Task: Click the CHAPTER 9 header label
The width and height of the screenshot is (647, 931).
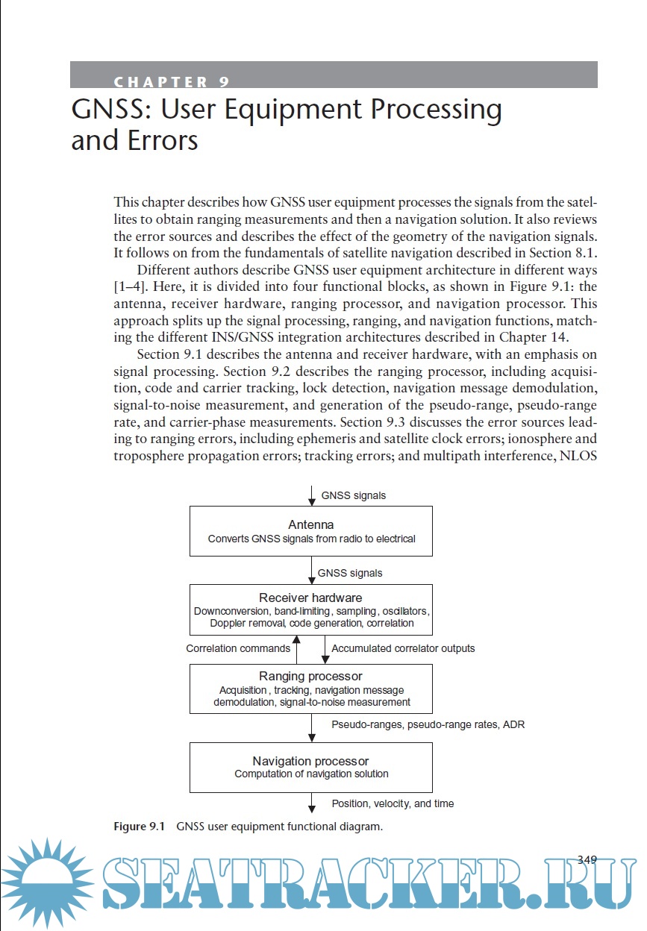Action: pyautogui.click(x=172, y=82)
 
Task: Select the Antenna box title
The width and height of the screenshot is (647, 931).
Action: pyautogui.click(x=310, y=524)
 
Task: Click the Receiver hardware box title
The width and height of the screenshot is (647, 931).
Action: pyautogui.click(x=310, y=598)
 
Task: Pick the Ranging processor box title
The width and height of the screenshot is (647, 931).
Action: pyautogui.click(x=310, y=676)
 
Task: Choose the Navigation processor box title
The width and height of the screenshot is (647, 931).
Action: pyautogui.click(x=310, y=761)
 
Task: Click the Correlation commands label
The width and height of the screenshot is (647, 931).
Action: pyautogui.click(x=238, y=648)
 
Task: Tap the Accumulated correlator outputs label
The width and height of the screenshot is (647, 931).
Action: pyautogui.click(x=403, y=648)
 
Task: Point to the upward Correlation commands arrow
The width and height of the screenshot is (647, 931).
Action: pyautogui.click(x=297, y=649)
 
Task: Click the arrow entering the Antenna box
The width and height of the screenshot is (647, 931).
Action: pyautogui.click(x=311, y=495)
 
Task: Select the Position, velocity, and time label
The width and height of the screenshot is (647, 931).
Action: pyautogui.click(x=393, y=803)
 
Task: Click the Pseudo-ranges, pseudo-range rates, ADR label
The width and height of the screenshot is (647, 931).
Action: pyautogui.click(x=428, y=724)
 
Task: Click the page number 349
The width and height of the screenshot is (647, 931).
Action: pyautogui.click(x=587, y=859)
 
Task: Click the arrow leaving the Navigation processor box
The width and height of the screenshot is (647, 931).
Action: pyautogui.click(x=311, y=803)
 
